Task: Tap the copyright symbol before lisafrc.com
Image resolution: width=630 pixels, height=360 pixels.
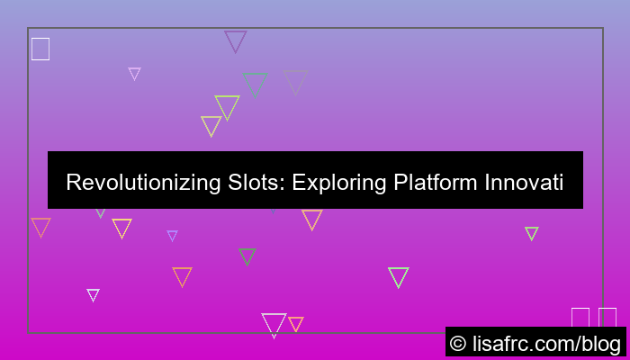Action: (459, 343)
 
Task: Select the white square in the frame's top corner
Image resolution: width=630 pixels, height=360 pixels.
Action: (40, 49)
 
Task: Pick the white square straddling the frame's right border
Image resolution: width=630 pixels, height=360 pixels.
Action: (607, 318)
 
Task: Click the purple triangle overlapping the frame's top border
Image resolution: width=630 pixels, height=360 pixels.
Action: (236, 40)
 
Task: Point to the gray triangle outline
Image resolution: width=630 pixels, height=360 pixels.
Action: (295, 81)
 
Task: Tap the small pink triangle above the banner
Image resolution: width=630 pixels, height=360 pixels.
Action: (134, 73)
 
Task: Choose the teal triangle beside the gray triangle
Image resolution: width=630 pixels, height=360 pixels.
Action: (255, 83)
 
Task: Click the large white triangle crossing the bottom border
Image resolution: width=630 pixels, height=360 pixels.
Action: (274, 323)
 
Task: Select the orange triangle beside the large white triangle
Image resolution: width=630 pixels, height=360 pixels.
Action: (295, 323)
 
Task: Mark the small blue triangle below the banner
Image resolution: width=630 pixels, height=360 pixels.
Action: (172, 235)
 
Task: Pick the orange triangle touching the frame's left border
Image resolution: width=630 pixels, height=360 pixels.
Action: (40, 226)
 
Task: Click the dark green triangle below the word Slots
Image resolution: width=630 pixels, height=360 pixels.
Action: (247, 256)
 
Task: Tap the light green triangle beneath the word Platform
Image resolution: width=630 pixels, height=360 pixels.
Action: (398, 276)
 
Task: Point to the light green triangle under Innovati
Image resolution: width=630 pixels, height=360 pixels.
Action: (532, 233)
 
